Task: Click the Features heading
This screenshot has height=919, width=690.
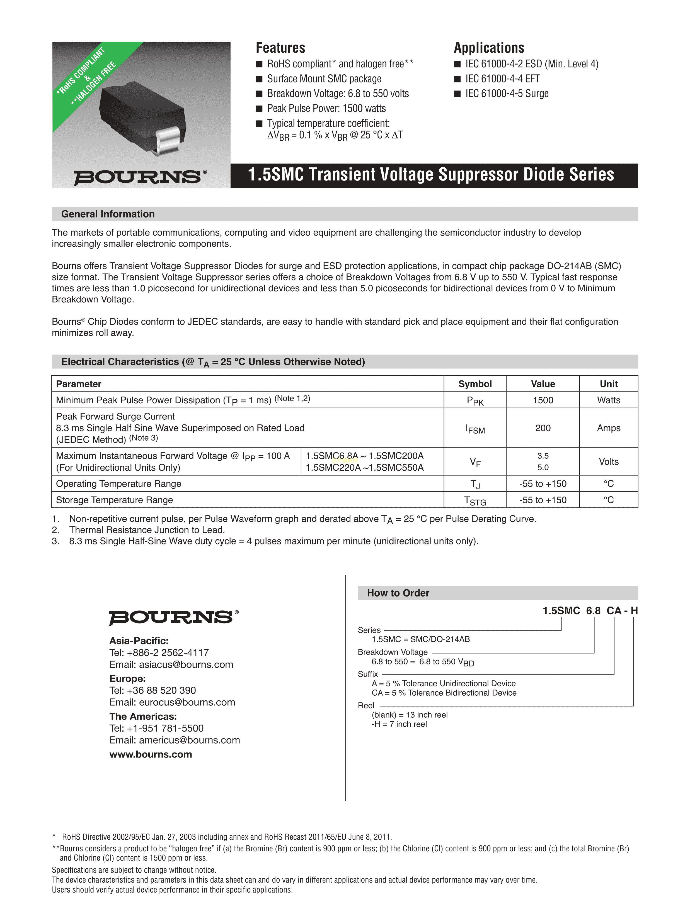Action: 280,48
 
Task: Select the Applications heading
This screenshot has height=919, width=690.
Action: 489,48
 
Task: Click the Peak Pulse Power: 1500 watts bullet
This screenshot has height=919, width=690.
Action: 326,108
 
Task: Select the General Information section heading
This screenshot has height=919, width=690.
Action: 108,214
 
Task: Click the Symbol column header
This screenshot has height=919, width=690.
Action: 475,384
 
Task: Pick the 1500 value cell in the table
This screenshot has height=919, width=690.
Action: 543,400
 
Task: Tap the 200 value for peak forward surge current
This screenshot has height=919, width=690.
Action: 543,428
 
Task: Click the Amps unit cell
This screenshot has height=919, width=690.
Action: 609,428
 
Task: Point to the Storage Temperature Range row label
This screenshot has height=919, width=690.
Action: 114,500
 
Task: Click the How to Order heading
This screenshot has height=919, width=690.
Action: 398,593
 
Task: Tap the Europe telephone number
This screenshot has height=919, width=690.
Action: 153,690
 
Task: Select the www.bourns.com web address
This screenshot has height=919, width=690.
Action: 151,754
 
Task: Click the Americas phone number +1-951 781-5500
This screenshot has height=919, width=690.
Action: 156,728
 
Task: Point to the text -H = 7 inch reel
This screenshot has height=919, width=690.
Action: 399,724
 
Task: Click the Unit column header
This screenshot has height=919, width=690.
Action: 609,384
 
